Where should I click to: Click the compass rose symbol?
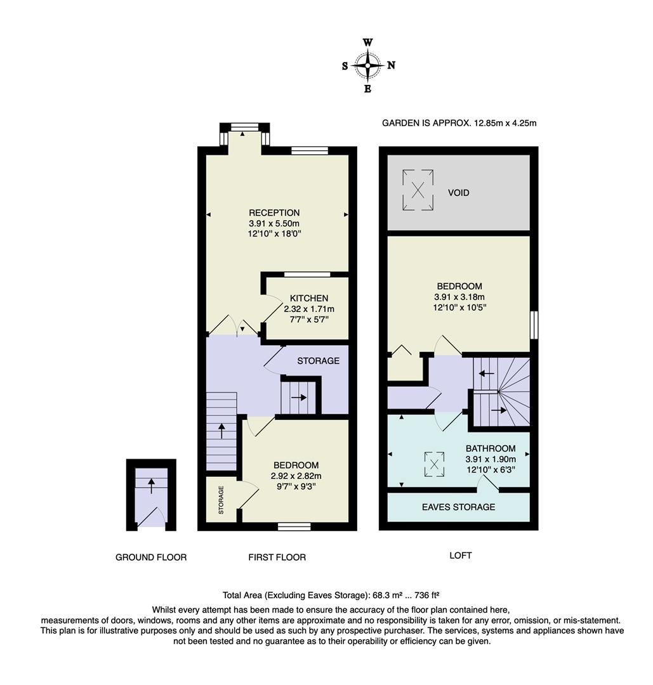pos(368,65)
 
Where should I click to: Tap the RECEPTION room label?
pos(274,213)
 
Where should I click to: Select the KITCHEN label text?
pos(309,298)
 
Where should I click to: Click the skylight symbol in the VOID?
pos(418,190)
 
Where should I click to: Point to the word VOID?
pos(459,193)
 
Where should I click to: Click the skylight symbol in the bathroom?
pos(434,464)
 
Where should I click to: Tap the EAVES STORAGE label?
pos(459,507)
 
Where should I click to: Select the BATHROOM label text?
pos(491,448)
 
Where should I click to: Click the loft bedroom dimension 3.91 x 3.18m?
pos(459,297)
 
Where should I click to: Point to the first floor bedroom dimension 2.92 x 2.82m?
pos(296,476)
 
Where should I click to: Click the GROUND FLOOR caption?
pos(151,558)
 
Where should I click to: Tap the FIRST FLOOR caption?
pos(277,558)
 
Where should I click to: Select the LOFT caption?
pos(460,556)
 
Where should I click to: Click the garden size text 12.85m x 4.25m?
pos(505,123)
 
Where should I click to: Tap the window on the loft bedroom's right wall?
pos(534,325)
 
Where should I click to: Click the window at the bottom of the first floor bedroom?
pos(294,526)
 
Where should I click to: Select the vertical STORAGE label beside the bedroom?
pos(221,500)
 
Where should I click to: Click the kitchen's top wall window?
pos(307,275)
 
